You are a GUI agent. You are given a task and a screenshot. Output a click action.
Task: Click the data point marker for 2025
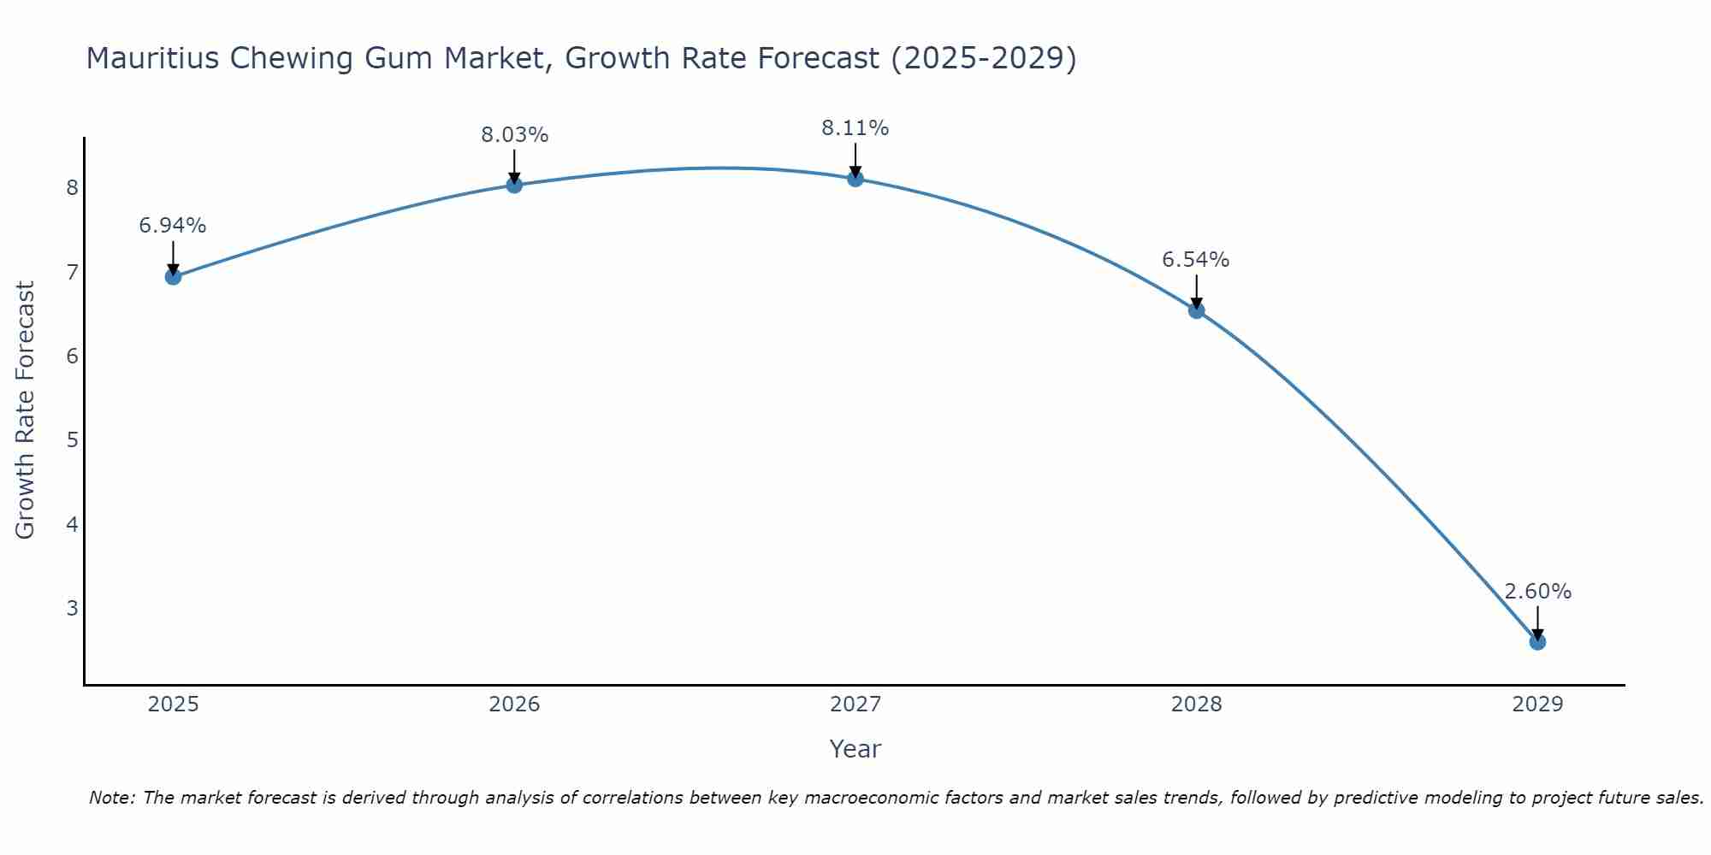coord(173,276)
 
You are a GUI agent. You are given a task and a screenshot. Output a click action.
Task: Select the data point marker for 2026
coord(514,185)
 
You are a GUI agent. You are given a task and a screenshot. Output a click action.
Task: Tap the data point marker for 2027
coord(855,178)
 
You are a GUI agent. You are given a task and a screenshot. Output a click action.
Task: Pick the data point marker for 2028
coord(1196,310)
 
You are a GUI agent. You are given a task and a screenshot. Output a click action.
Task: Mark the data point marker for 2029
coord(1537,641)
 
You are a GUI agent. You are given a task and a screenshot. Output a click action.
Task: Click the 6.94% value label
coord(173,226)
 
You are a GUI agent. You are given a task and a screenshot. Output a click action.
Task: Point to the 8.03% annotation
coord(514,135)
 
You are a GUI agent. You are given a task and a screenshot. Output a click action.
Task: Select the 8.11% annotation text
coord(855,128)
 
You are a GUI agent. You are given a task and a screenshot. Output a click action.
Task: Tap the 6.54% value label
coord(1196,260)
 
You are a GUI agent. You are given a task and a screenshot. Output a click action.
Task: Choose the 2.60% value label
coord(1537,592)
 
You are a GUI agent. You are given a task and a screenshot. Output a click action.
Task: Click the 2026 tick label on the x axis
coord(514,705)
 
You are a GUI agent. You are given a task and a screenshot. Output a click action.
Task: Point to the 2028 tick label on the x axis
coord(1196,705)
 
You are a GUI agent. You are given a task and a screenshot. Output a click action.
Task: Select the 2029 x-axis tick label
coord(1537,705)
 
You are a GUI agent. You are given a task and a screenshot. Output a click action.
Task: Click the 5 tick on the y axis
coord(72,440)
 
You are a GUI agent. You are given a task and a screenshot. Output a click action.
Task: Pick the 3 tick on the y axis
coord(72,608)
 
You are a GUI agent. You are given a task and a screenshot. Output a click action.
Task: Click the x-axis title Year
coord(855,749)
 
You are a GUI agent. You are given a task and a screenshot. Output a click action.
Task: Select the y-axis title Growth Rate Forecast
coord(26,410)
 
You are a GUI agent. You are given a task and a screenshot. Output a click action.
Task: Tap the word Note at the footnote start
coord(111,798)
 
